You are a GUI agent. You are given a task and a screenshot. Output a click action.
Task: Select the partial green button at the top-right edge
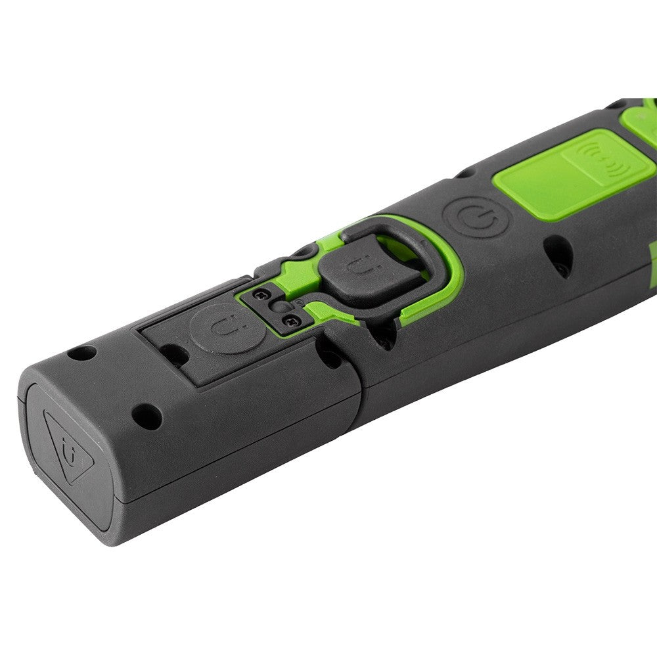click(641, 122)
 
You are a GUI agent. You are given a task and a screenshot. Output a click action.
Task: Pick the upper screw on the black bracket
click(261, 294)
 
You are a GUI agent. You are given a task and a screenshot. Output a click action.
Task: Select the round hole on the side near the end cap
click(145, 415)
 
